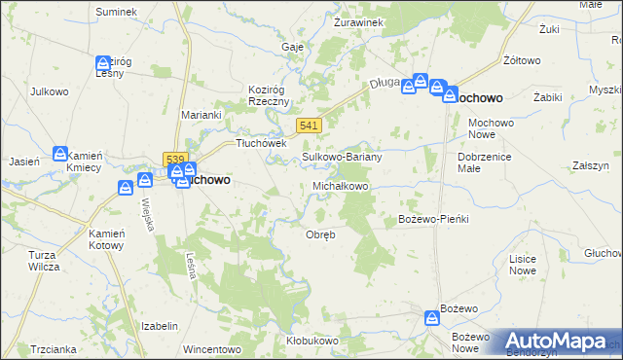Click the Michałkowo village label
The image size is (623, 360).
pos(340,185)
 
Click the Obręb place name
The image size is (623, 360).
pos(321,234)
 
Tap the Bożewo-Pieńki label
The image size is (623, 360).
pos(434,219)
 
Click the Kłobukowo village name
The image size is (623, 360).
pos(311,341)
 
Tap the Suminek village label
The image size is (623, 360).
pos(116,11)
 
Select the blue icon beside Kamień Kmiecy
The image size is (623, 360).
pos(59,154)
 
